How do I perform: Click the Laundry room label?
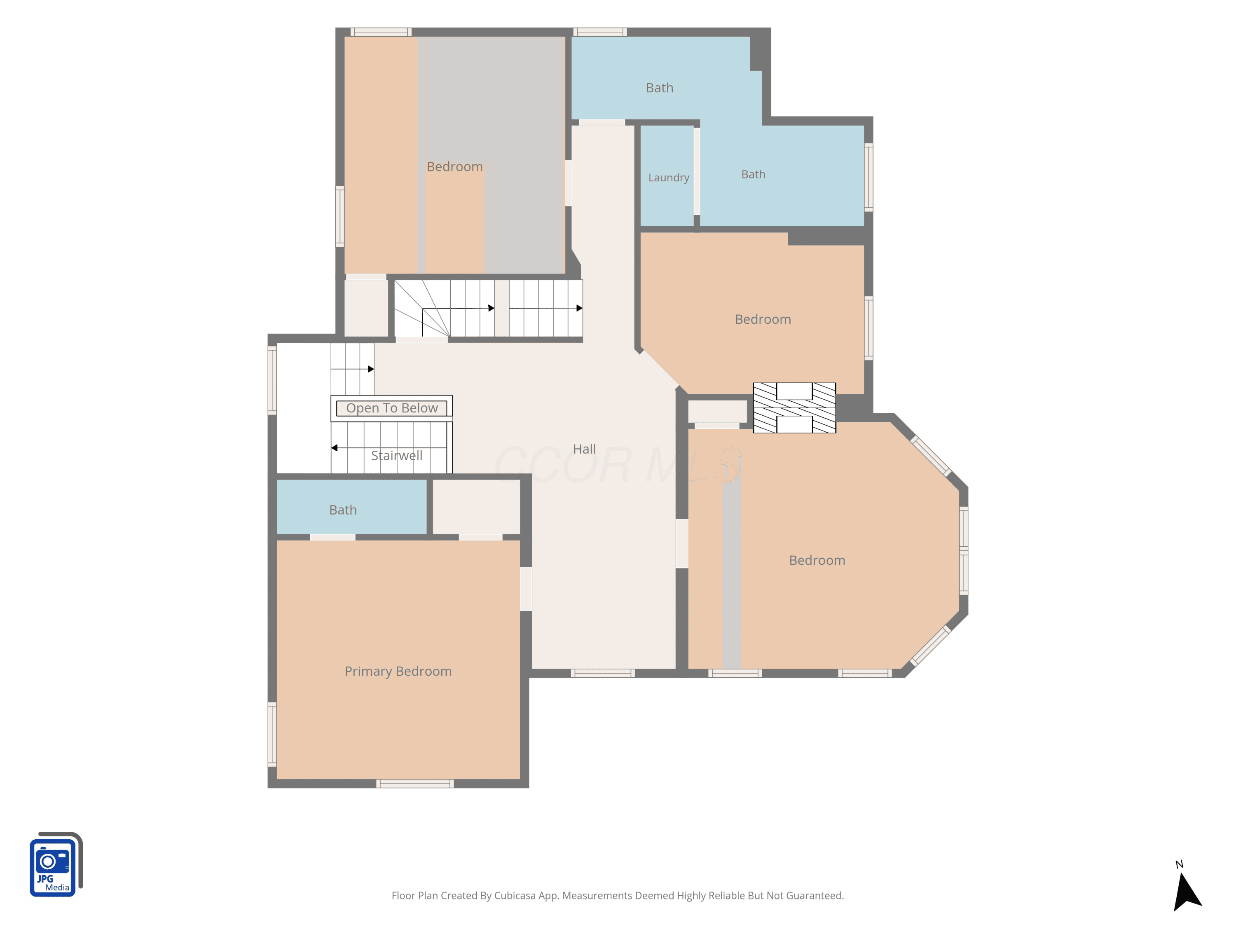tap(668, 178)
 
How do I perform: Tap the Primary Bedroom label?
tap(398, 671)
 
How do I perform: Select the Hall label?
tap(585, 449)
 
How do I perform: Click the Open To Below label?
tap(392, 408)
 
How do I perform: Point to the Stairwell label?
tap(397, 455)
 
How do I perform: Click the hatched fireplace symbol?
tap(794, 408)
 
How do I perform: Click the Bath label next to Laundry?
tap(753, 174)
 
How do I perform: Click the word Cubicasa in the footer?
tap(515, 895)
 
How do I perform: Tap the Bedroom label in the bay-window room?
tap(817, 560)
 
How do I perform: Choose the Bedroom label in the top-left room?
tap(454, 166)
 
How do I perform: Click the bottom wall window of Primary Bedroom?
tap(414, 783)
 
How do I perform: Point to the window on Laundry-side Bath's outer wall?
tap(868, 177)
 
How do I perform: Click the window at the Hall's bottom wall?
tap(602, 673)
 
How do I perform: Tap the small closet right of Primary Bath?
tap(477, 507)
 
